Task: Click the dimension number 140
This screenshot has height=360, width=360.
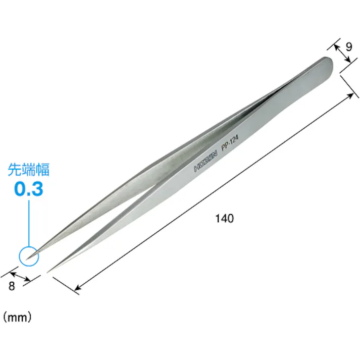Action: [225, 218]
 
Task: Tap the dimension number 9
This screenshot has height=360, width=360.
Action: [349, 47]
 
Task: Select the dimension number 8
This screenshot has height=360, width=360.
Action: [12, 286]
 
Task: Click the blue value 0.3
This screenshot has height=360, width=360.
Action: [29, 189]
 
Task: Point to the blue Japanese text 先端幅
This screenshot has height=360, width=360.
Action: [28, 170]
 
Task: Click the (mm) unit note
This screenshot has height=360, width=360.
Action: [17, 318]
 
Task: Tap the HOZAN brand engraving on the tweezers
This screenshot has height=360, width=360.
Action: [205, 162]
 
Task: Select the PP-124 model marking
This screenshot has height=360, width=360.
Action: [230, 143]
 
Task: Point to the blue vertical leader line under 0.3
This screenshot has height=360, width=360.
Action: [29, 223]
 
